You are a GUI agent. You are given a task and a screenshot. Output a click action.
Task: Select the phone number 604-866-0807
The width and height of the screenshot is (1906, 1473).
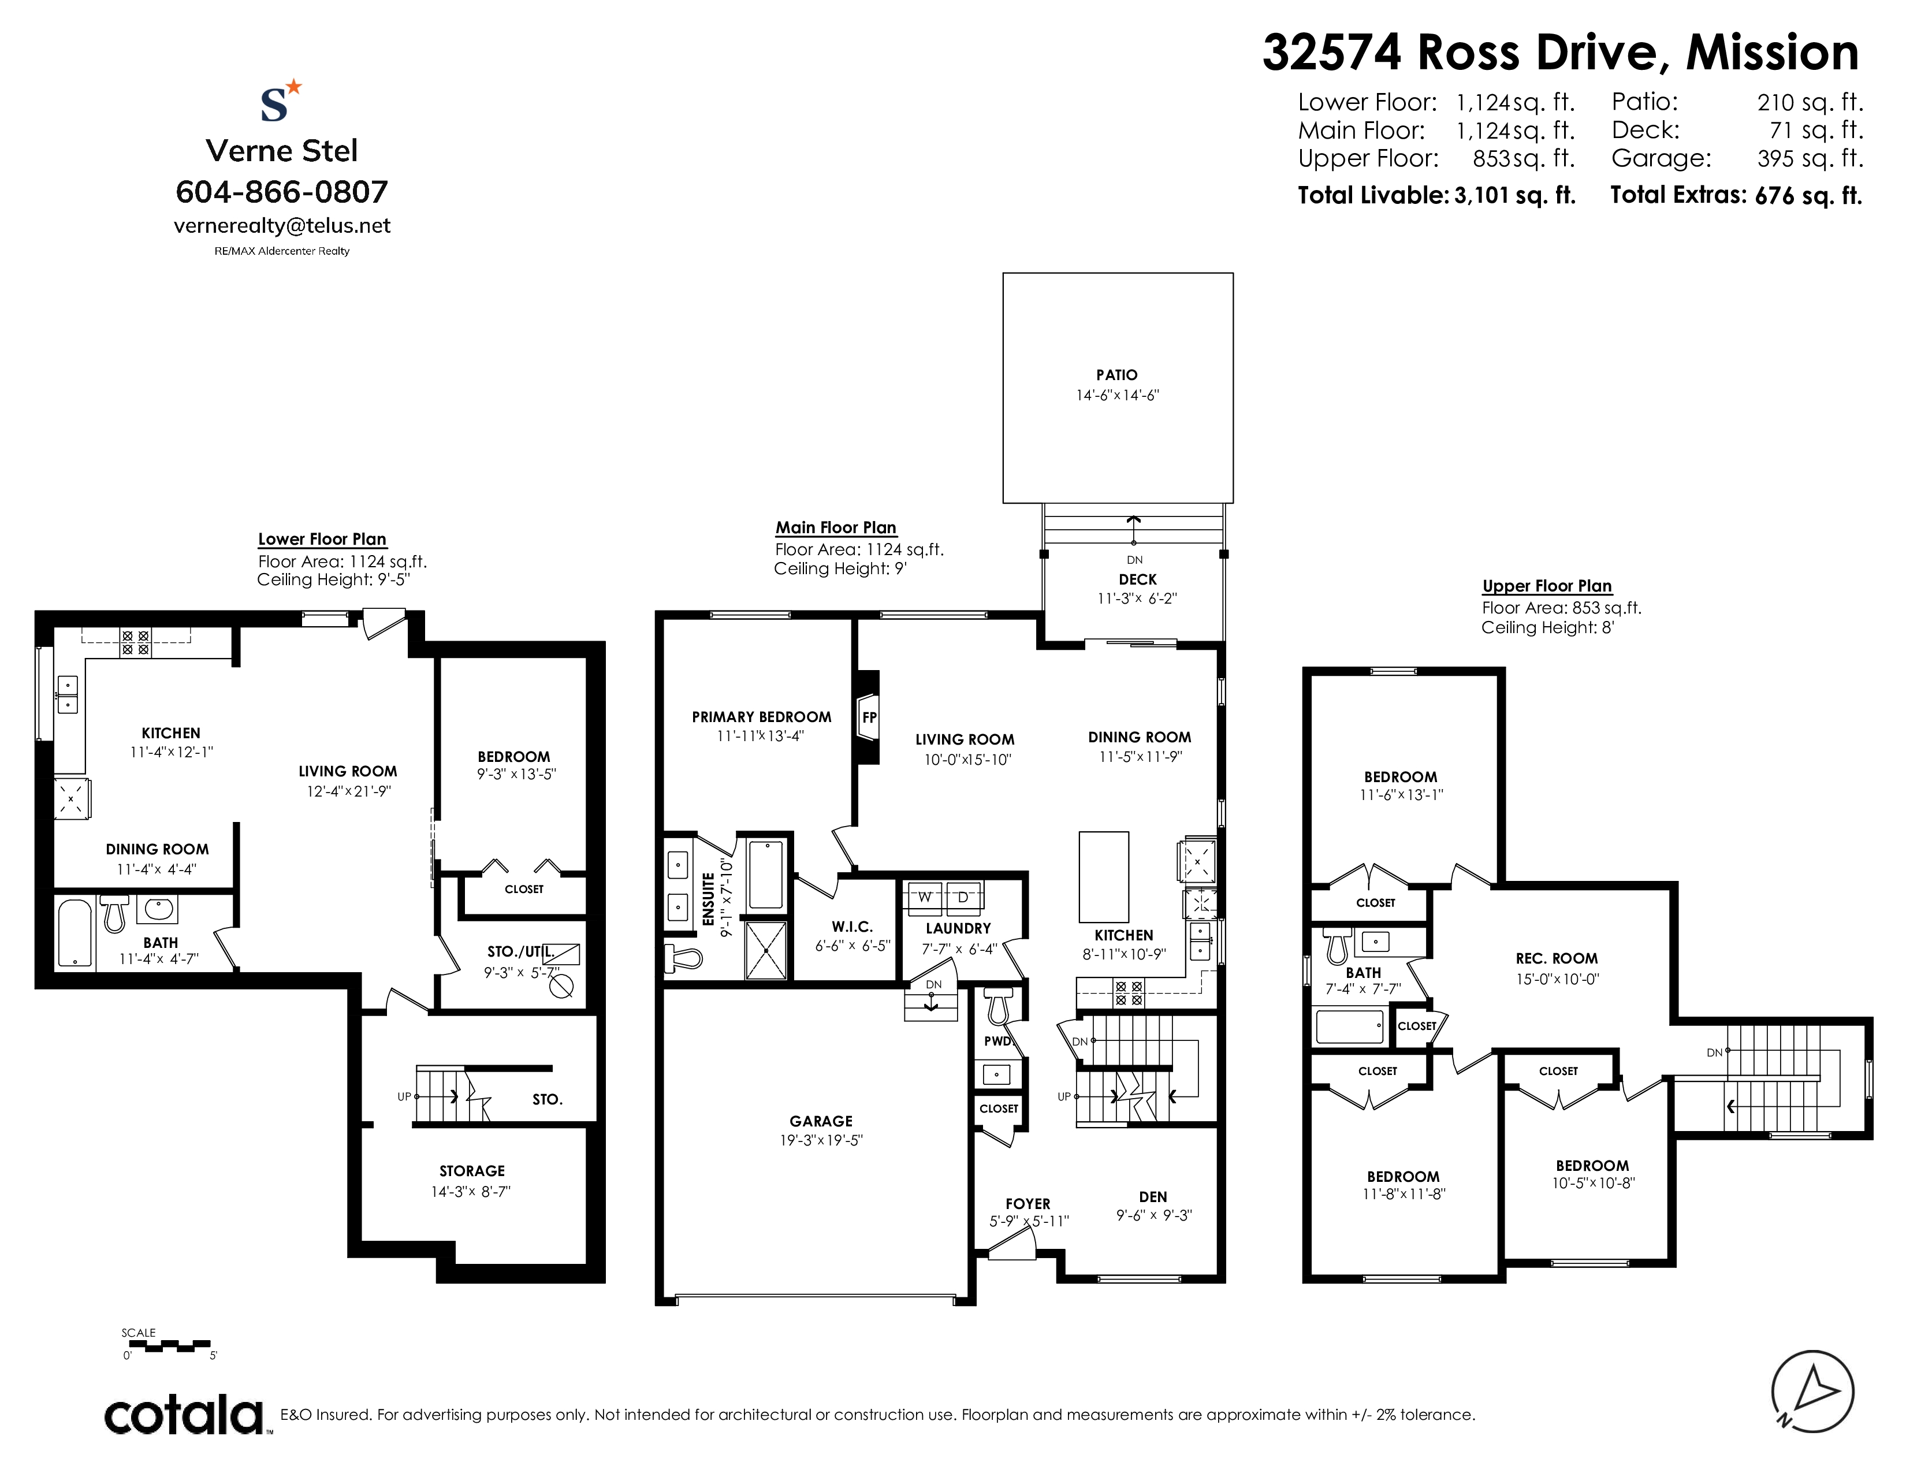click(x=282, y=191)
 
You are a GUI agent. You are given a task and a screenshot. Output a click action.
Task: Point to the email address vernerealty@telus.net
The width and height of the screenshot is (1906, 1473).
click(x=282, y=225)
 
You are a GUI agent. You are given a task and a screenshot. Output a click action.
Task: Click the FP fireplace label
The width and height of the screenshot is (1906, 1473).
click(x=869, y=717)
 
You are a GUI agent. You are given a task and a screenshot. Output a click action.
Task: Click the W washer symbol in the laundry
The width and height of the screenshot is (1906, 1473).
click(x=924, y=896)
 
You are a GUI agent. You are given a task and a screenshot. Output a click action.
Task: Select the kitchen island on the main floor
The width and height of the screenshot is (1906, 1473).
click(x=1104, y=876)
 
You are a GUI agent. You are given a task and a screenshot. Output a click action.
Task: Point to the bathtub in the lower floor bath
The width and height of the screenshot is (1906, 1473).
click(x=75, y=933)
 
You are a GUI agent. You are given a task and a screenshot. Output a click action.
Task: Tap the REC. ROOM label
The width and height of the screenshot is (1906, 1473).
click(x=1557, y=958)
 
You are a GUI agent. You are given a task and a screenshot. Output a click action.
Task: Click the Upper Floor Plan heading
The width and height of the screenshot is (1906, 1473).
click(x=1547, y=586)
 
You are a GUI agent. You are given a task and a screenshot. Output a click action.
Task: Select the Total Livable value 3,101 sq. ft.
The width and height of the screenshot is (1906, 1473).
click(x=1515, y=195)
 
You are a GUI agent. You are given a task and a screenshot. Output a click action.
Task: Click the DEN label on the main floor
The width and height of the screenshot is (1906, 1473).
click(x=1153, y=1196)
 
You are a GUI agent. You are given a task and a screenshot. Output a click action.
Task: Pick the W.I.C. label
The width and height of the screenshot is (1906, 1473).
click(x=852, y=927)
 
